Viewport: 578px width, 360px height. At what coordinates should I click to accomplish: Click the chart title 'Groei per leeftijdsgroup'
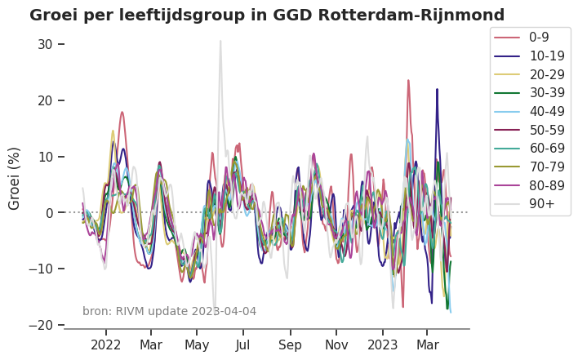click(266, 15)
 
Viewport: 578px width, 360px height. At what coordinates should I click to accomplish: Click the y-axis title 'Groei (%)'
click(15, 178)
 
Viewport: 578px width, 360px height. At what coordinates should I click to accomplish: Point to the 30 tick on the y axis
click(44, 44)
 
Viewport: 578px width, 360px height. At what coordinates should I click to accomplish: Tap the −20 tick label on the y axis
click(40, 325)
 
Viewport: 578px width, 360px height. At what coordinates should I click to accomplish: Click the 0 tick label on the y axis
click(48, 213)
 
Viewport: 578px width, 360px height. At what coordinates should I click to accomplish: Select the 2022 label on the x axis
click(105, 345)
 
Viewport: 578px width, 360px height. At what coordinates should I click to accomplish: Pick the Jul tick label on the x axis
click(243, 345)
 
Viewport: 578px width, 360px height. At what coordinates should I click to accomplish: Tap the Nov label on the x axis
click(336, 345)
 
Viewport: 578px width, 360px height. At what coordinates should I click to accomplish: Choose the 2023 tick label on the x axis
click(382, 345)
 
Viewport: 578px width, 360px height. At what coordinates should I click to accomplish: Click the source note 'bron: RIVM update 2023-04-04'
click(169, 311)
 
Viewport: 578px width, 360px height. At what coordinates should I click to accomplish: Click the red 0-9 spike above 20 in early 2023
click(408, 81)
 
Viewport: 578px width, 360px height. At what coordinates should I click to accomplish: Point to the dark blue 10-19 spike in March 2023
click(437, 90)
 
